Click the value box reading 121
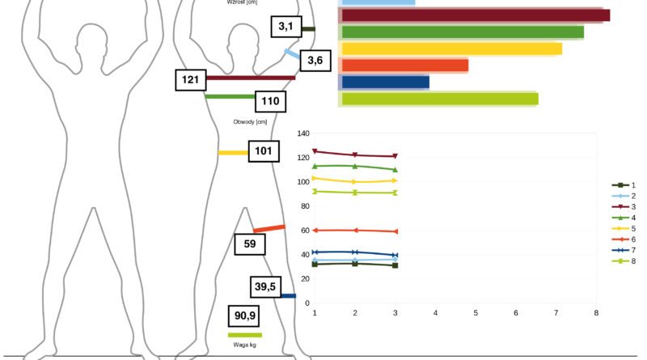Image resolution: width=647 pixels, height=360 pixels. tap(191, 80)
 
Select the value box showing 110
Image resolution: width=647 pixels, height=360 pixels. tap(270, 102)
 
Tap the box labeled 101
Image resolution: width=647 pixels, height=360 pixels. tap(264, 151)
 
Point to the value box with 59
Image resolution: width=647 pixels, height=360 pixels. tap(250, 244)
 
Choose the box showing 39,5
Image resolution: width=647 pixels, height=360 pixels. tap(265, 287)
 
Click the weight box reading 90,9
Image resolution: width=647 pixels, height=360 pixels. tap(244, 316)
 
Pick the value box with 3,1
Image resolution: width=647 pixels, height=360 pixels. tap(286, 27)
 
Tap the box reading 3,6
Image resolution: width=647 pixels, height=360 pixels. tap(315, 61)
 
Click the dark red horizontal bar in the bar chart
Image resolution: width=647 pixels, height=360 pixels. tap(476, 15)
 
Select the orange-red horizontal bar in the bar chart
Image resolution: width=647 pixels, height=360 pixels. tap(405, 66)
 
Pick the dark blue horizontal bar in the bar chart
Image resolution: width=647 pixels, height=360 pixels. tap(386, 83)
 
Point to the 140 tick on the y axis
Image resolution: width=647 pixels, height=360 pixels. tap(302, 133)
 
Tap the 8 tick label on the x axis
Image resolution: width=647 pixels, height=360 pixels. tap(596, 313)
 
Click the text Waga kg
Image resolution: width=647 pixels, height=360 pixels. tap(245, 345)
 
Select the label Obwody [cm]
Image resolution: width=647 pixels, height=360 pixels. tap(250, 122)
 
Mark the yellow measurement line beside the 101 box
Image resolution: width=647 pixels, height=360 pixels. tap(233, 153)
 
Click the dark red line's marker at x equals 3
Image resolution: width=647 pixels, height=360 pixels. tap(395, 156)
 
